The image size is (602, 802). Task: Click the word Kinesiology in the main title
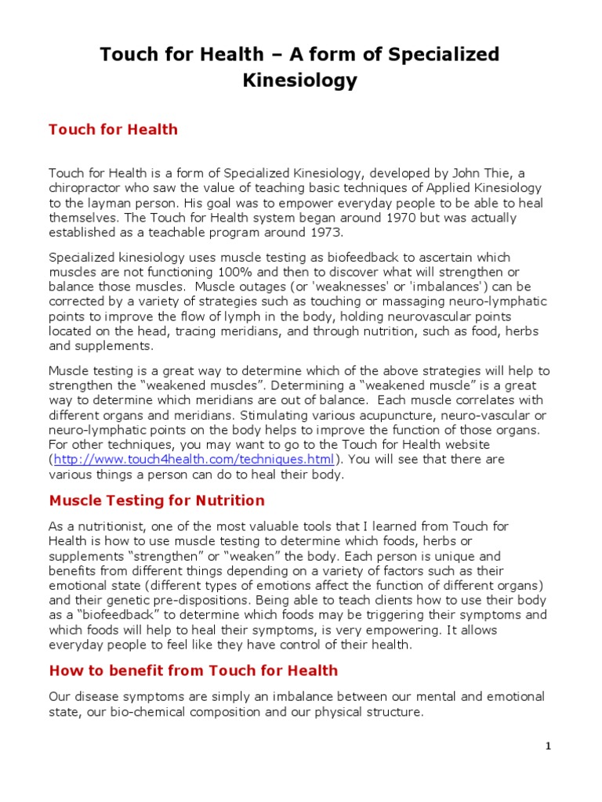(301, 80)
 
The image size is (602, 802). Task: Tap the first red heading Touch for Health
(113, 129)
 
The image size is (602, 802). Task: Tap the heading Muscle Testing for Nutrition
(157, 500)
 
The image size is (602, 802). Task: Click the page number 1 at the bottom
(549, 746)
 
